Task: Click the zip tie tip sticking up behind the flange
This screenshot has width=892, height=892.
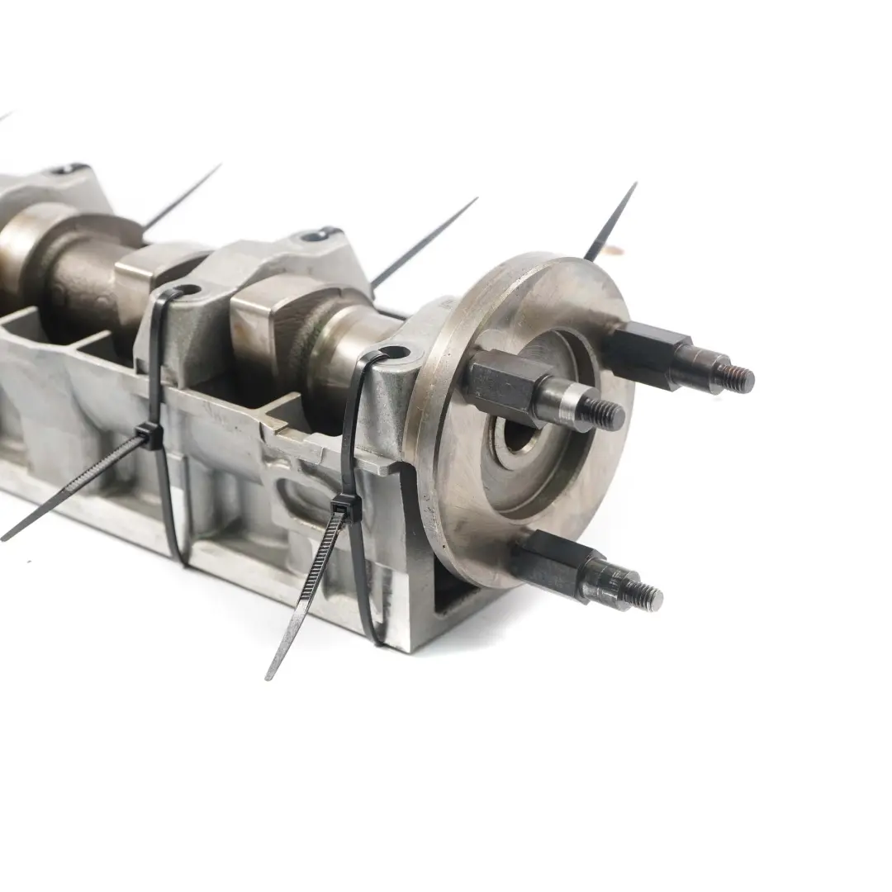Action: point(611,219)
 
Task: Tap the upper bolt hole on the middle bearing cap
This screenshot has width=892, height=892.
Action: point(316,237)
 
